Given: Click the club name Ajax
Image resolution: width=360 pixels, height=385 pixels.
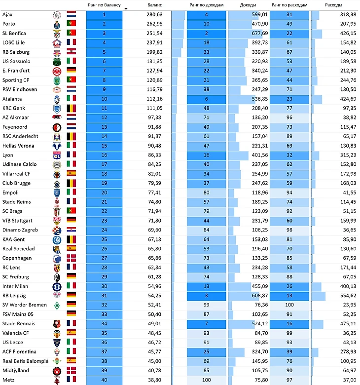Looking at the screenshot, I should tap(7, 14).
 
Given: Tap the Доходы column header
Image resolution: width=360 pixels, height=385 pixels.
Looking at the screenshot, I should tap(248, 4).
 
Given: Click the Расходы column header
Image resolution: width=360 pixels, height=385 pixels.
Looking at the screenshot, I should tap(335, 4).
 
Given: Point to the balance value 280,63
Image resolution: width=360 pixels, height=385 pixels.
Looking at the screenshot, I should tap(154, 14).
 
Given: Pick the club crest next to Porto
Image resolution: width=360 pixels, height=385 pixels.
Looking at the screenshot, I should tap(56, 24).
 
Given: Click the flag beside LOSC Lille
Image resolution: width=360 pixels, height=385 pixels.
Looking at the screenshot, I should tap(72, 42).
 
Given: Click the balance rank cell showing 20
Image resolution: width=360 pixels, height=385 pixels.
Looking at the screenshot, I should tap(104, 192).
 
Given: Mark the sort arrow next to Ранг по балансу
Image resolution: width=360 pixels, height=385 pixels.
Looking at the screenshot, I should tap(126, 8).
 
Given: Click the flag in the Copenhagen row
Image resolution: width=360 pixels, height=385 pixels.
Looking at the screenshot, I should tap(72, 258).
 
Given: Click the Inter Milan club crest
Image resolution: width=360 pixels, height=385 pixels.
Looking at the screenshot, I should tap(56, 286).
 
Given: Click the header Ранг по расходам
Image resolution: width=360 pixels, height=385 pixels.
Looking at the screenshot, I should tap(289, 4).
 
